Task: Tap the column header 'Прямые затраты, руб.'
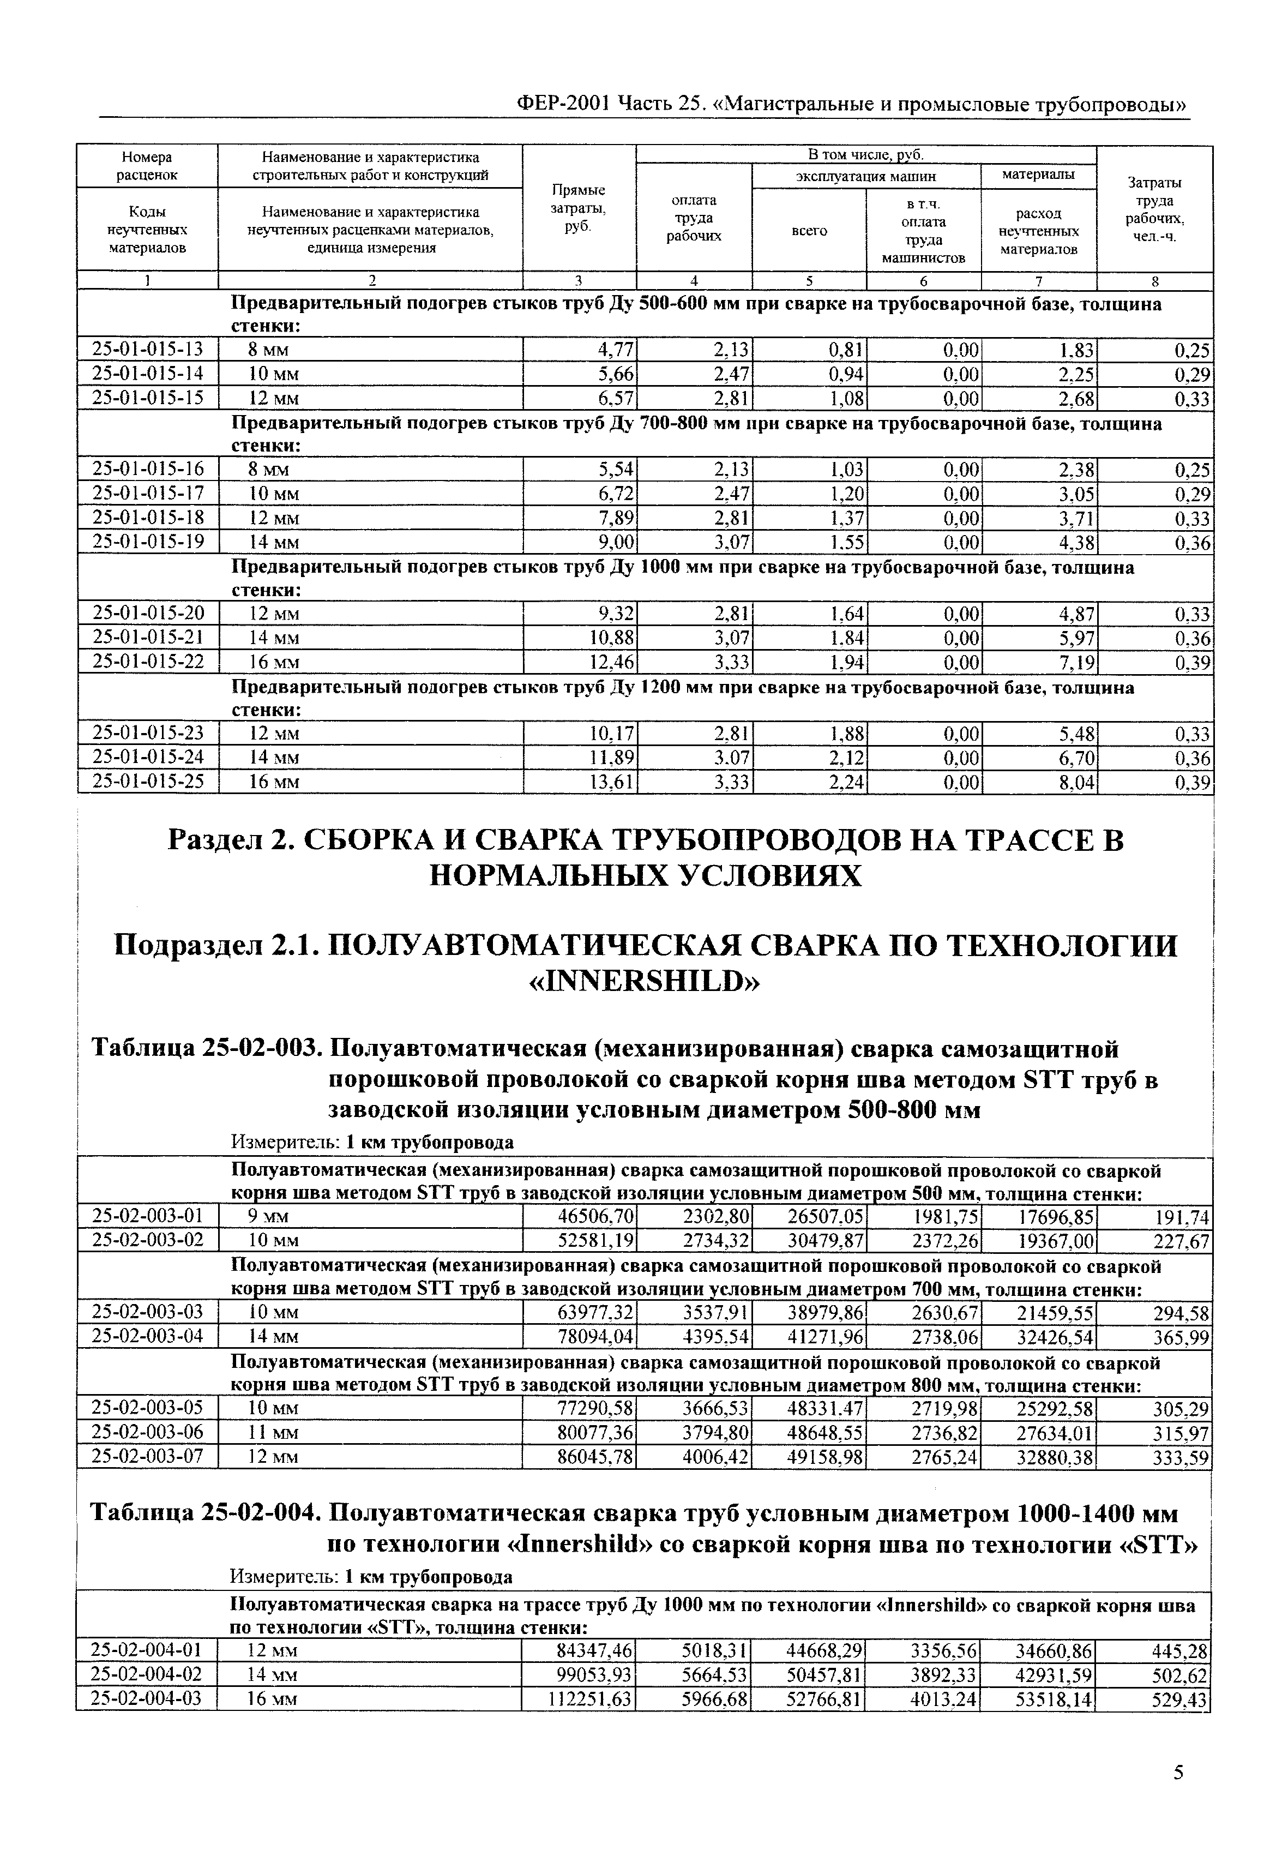[579, 208]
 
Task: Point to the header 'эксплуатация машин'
[866, 176]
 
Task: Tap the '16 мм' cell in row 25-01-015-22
[274, 663]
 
